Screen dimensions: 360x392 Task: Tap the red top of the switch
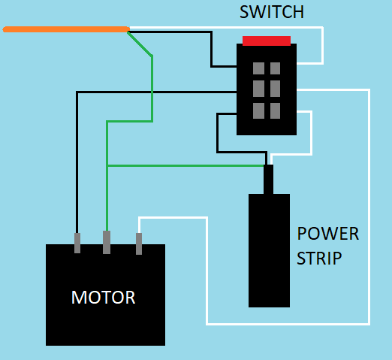coord(267,41)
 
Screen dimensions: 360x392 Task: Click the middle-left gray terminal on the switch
coord(258,88)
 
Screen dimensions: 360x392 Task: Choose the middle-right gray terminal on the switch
coord(275,88)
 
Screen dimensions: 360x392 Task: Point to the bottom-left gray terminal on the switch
coord(258,110)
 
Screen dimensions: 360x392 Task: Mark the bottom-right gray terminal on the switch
coord(275,110)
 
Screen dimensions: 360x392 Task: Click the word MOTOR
coord(104,298)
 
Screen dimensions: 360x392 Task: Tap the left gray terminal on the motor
coord(77,243)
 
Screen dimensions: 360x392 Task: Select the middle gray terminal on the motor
coord(107,242)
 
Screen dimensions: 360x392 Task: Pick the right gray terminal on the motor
coord(139,244)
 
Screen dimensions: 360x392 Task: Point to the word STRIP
coord(319,259)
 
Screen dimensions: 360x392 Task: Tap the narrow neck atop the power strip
coord(268,179)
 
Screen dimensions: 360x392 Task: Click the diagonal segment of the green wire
coord(140,43)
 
